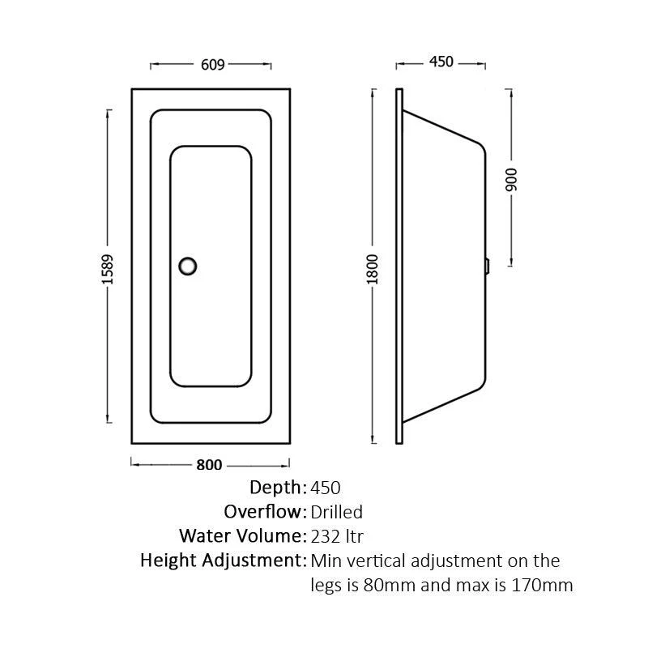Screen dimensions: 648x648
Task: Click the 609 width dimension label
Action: click(x=212, y=65)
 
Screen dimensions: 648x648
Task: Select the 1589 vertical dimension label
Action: click(x=107, y=270)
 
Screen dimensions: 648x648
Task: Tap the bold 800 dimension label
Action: click(x=209, y=465)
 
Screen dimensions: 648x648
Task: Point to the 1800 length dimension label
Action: click(x=373, y=270)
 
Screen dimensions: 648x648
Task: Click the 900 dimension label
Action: click(x=511, y=180)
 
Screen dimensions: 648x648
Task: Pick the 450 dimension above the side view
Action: click(x=441, y=62)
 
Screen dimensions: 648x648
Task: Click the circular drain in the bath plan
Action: click(x=188, y=266)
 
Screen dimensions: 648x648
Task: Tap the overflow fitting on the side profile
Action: click(x=488, y=266)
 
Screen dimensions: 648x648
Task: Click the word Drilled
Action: click(x=336, y=512)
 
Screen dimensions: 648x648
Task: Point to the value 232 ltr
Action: click(x=337, y=536)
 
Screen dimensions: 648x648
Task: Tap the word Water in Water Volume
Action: click(x=203, y=536)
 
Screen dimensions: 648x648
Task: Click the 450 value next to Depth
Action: click(x=326, y=488)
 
